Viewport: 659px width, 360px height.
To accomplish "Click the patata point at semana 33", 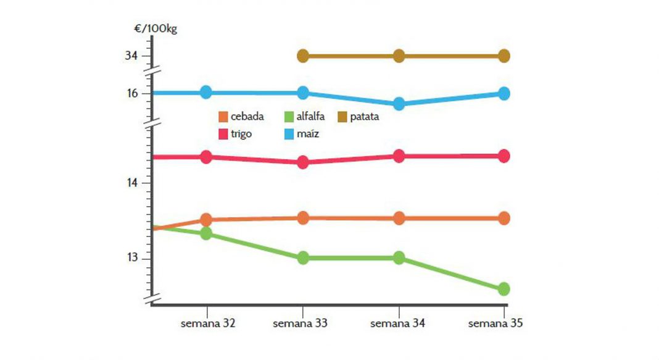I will pyautogui.click(x=303, y=56).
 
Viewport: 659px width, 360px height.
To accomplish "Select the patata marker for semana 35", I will pyautogui.click(x=504, y=56).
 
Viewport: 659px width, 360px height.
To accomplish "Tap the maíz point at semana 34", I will pyautogui.click(x=399, y=104).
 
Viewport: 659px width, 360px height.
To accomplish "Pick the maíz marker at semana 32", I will pyautogui.click(x=206, y=92).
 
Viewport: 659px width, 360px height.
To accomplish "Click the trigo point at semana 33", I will pyautogui.click(x=303, y=162).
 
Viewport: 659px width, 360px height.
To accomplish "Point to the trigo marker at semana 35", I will pyautogui.click(x=504, y=156).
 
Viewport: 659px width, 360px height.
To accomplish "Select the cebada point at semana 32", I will pyautogui.click(x=206, y=220).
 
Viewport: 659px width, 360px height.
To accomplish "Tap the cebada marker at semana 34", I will pyautogui.click(x=399, y=218).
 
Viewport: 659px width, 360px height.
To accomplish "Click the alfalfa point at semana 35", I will pyautogui.click(x=504, y=289).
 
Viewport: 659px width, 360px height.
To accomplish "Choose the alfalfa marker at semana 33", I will pyautogui.click(x=303, y=258).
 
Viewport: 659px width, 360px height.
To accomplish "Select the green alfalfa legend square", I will pyautogui.click(x=289, y=117).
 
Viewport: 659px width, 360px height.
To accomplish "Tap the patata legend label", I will pyautogui.click(x=364, y=117).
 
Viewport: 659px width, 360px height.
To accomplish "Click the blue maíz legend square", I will pyautogui.click(x=289, y=133).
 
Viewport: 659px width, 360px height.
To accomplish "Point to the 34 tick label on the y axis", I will pyautogui.click(x=131, y=56).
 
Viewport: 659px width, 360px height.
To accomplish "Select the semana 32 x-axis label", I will pyautogui.click(x=207, y=323).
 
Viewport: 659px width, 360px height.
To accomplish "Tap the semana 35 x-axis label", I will pyautogui.click(x=496, y=323).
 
